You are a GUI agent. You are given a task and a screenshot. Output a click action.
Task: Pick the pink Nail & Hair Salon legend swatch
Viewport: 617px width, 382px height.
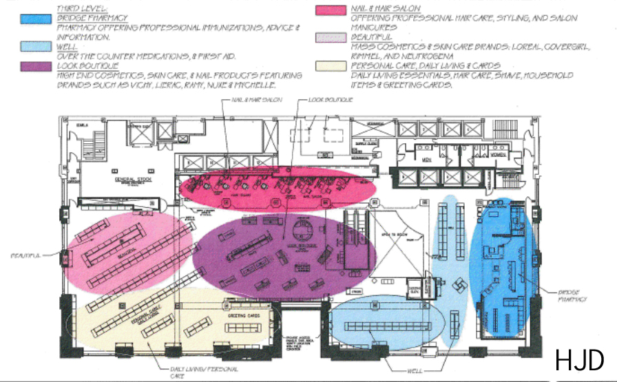(x=330, y=10)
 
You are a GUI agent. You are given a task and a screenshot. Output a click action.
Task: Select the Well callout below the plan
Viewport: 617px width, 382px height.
(x=415, y=372)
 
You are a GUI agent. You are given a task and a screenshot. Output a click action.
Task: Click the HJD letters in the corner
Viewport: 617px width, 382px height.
(x=580, y=359)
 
